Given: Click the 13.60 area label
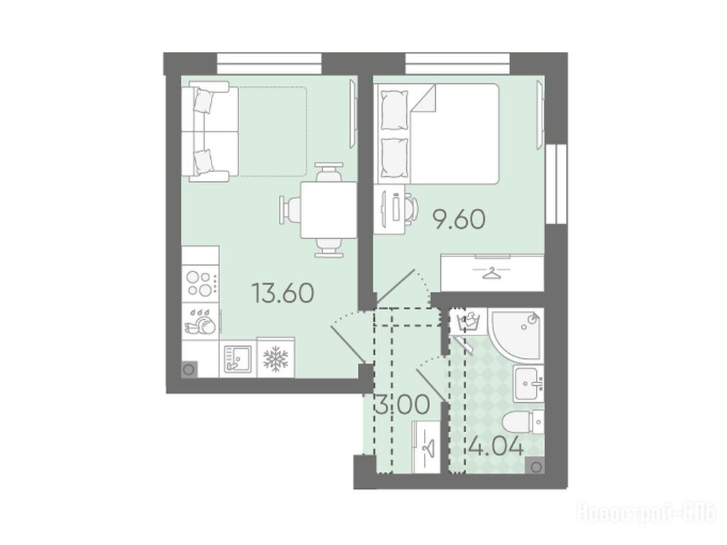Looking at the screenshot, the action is click(x=283, y=293).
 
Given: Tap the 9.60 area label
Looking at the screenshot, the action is click(x=459, y=219).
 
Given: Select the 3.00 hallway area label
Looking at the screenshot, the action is click(x=402, y=404).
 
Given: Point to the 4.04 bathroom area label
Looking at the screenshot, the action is click(x=496, y=447).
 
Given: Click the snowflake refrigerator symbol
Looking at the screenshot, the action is click(x=275, y=358).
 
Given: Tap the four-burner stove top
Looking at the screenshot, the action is click(x=200, y=284).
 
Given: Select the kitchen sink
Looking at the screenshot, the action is click(x=237, y=358).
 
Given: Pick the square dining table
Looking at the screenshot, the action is click(x=328, y=210).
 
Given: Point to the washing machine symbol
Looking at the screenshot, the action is click(x=469, y=321).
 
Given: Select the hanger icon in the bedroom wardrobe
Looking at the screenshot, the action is click(x=492, y=274).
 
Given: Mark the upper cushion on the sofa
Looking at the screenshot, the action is click(x=204, y=101).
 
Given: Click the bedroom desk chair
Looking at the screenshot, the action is click(x=410, y=207).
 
